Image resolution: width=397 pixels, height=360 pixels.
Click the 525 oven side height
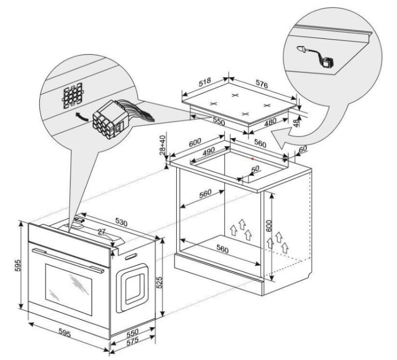pos(160,282)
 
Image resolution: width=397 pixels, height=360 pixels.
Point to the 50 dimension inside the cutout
pos(255,169)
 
